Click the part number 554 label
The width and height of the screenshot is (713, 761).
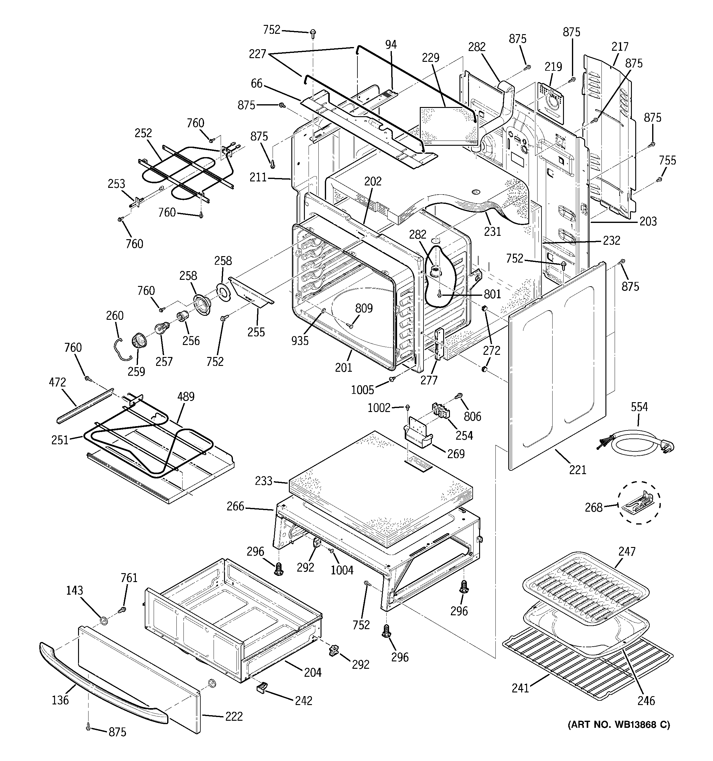tap(639, 407)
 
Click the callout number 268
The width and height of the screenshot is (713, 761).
tap(593, 508)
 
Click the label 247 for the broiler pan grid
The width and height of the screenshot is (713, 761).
tap(627, 551)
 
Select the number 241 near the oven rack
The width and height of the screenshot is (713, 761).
tap(521, 688)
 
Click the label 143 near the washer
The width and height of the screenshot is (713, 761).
tap(74, 590)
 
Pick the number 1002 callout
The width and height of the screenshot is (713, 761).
tap(379, 408)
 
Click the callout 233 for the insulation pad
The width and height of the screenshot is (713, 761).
tap(264, 481)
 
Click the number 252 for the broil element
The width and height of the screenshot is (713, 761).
tap(143, 133)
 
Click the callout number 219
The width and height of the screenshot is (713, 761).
tap(553, 67)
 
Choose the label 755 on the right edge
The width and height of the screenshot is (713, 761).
tap(668, 161)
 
